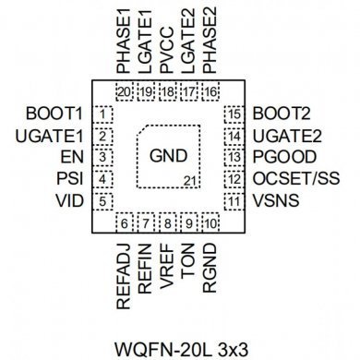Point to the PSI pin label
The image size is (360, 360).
coord(71,180)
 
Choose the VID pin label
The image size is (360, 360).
coord(70,201)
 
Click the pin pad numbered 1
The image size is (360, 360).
coord(104,114)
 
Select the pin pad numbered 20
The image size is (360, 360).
coord(125,92)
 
